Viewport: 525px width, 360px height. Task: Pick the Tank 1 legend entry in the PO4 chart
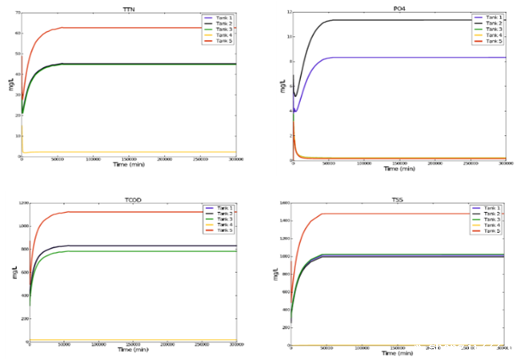pyautogui.click(x=488, y=17)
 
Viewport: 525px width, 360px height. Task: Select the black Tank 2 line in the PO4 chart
pyautogui.click(x=400, y=20)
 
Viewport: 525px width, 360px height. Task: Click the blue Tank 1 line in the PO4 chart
pyautogui.click(x=400, y=58)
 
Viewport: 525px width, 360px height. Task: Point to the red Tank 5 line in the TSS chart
pyautogui.click(x=400, y=214)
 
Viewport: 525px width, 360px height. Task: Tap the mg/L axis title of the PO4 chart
pyautogui.click(x=282, y=83)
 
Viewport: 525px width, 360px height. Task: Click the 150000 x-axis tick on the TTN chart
pyautogui.click(x=128, y=159)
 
